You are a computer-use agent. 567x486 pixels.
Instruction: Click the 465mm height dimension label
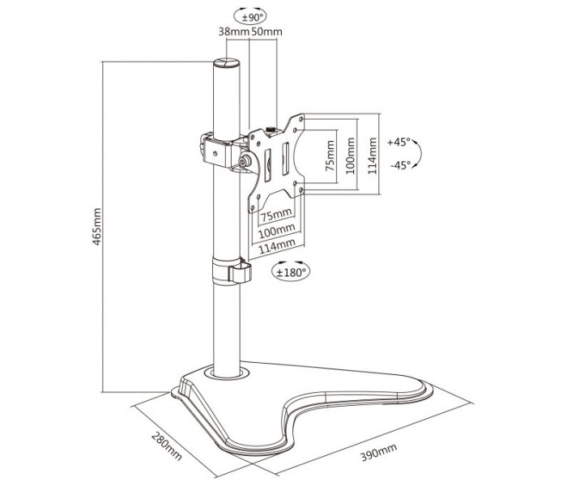coord(97,227)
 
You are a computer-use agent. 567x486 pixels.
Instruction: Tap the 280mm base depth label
coord(166,446)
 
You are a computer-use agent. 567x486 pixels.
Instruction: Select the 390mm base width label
coord(378,452)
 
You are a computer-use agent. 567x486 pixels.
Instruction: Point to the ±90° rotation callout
coord(250,17)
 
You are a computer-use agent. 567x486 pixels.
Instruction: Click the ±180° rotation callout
coord(291,271)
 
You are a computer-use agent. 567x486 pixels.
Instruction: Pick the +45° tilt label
coord(399,142)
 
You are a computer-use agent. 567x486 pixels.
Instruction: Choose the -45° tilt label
coord(401,165)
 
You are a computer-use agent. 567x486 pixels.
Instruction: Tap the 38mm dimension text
coord(234,32)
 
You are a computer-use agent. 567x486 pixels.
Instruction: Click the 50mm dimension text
coord(266,32)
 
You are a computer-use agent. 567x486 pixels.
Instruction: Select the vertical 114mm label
coord(373,156)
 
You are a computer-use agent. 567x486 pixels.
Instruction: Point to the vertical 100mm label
coord(351,156)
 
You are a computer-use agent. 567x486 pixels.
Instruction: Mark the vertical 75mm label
coord(330,156)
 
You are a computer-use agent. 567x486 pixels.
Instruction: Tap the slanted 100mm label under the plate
coord(277,230)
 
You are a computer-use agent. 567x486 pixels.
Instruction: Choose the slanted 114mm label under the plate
coord(277,245)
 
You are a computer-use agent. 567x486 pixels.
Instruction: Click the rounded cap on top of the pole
coord(226,62)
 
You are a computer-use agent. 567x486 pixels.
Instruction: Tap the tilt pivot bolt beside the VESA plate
coord(246,160)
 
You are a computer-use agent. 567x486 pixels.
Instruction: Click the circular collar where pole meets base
coord(227,373)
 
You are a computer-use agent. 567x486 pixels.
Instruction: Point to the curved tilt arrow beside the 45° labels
coord(420,154)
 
